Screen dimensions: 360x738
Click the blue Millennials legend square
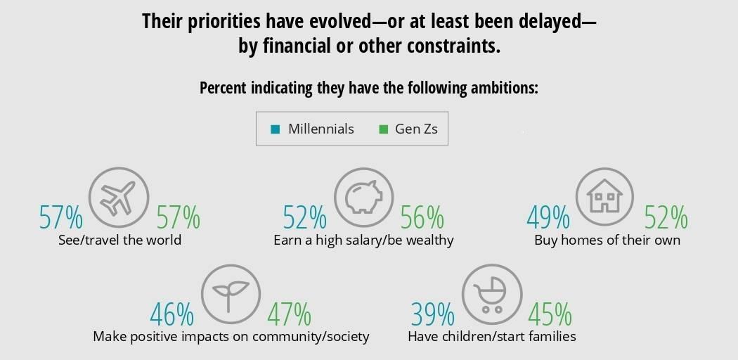(x=276, y=129)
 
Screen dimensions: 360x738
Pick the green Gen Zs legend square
(x=383, y=129)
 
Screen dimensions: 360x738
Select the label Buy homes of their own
(x=607, y=240)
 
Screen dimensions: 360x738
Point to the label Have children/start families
(x=492, y=337)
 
